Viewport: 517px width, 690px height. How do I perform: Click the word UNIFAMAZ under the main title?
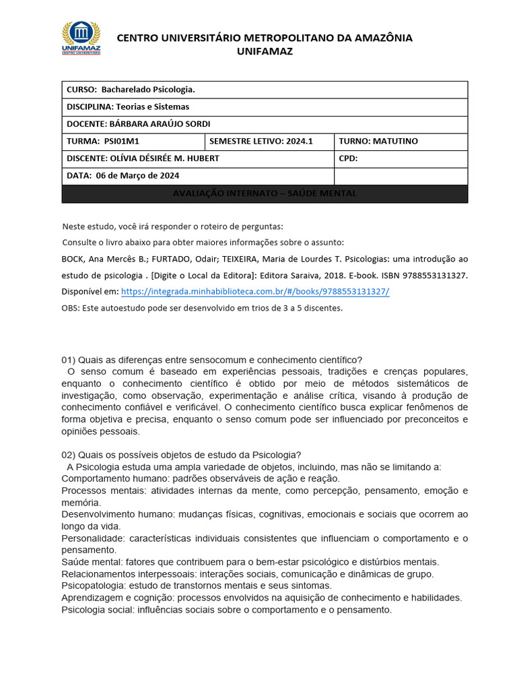click(x=265, y=52)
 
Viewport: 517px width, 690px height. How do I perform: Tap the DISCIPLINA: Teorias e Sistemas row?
click(x=265, y=107)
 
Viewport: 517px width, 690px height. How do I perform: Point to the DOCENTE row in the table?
click(x=265, y=124)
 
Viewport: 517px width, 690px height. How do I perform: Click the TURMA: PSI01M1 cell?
click(x=133, y=142)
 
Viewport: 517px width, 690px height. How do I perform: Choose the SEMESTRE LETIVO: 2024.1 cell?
click(x=269, y=142)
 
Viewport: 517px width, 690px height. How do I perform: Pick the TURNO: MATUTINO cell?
click(x=401, y=142)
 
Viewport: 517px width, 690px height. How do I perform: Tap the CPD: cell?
click(x=401, y=158)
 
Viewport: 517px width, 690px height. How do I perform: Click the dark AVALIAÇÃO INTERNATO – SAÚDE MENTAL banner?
click(x=265, y=194)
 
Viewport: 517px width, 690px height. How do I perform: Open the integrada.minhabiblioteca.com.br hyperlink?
click(x=255, y=292)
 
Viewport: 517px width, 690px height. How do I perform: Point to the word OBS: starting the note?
click(x=71, y=308)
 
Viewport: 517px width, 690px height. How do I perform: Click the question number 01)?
click(x=71, y=360)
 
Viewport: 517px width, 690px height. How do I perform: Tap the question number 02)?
click(x=71, y=454)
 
